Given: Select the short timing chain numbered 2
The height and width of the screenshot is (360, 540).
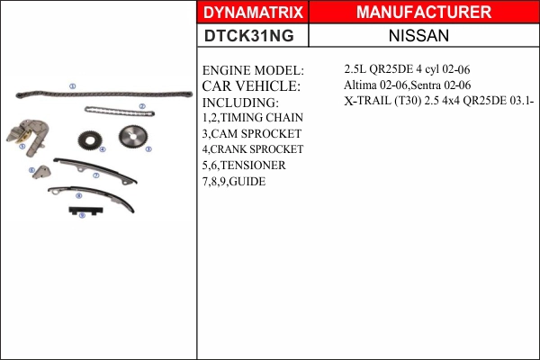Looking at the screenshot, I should point(119,112).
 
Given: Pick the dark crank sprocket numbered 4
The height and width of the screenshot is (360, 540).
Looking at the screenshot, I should point(89,141).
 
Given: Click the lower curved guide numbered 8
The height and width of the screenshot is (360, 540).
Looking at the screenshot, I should point(90,195).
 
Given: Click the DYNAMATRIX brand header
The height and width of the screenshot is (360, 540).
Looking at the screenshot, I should point(253,13).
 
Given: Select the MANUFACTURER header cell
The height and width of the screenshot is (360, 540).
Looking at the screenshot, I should point(424,13).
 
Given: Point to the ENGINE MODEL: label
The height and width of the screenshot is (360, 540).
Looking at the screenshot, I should point(253,70).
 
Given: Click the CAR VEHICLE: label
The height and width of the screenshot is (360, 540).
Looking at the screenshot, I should point(251,86).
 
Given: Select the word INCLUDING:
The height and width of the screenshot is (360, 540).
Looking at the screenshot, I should point(240,103).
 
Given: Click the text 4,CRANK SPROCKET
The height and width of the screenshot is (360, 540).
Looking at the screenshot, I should point(253,149).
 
